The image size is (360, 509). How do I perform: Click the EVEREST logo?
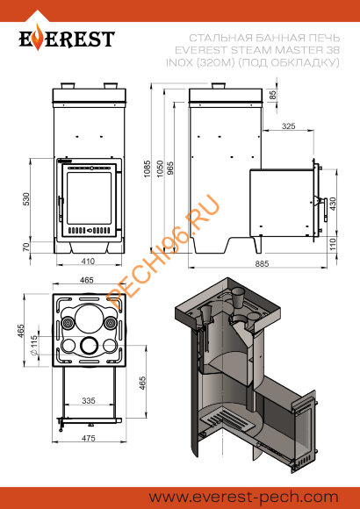click(67, 39)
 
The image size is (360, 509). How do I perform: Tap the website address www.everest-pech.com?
click(244, 498)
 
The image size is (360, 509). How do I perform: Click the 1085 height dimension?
click(148, 168)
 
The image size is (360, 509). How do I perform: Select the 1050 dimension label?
click(160, 168)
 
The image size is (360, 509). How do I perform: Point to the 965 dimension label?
click(170, 168)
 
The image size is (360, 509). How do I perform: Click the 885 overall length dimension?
click(262, 263)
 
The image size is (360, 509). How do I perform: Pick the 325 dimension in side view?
click(289, 126)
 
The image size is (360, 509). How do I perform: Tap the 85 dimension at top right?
click(273, 95)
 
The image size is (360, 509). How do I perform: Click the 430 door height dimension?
click(333, 204)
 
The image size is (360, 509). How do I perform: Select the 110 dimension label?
click(333, 245)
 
